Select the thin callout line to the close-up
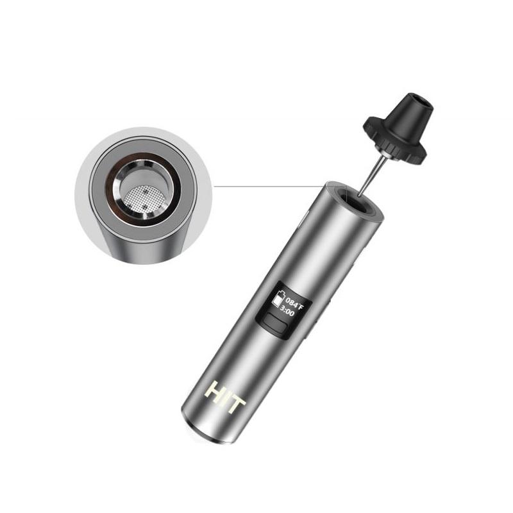click(x=269, y=187)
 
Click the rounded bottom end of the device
click(x=205, y=433)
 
